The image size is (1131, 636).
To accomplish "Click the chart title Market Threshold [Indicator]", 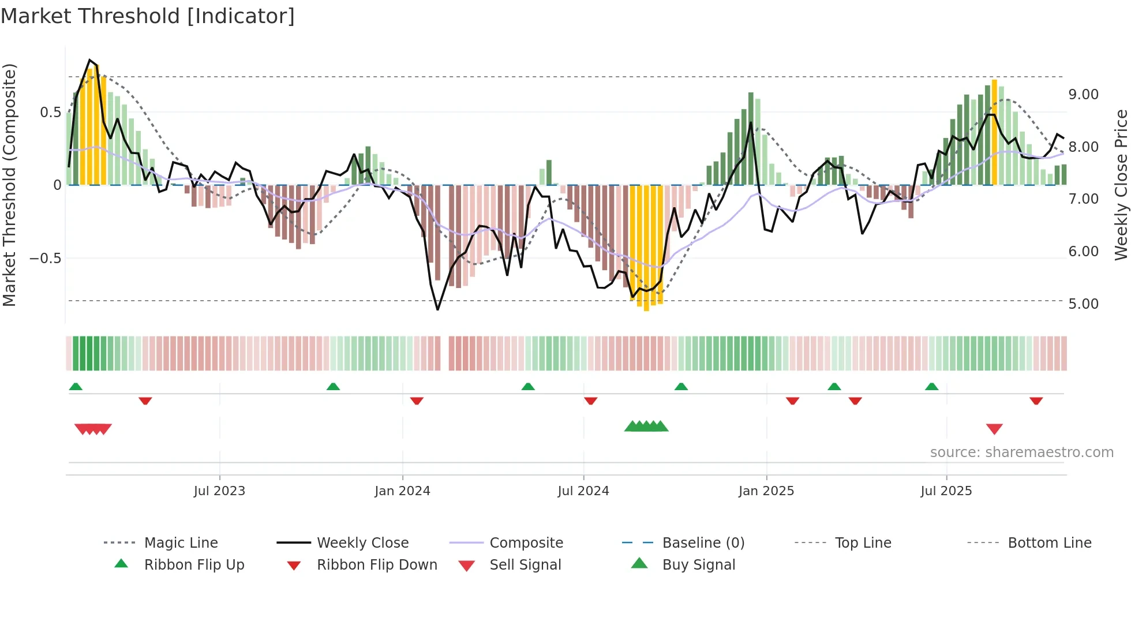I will pyautogui.click(x=148, y=16).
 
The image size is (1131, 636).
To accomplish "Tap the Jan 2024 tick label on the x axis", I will pyautogui.click(x=402, y=491).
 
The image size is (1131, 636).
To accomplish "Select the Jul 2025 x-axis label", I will pyautogui.click(x=946, y=491).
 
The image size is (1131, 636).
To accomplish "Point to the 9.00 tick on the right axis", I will pyautogui.click(x=1083, y=95).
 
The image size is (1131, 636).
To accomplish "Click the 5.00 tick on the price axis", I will pyautogui.click(x=1083, y=304).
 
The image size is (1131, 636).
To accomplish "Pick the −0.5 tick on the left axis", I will pyautogui.click(x=46, y=258).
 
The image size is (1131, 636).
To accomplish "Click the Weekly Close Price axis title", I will pyautogui.click(x=1121, y=185).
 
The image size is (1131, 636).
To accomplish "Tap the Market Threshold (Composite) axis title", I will pyautogui.click(x=9, y=185).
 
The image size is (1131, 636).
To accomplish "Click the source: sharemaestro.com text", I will pyautogui.click(x=1021, y=452).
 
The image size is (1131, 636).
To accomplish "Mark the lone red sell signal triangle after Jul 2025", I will pyautogui.click(x=994, y=429).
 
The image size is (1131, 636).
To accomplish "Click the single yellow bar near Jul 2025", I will pyautogui.click(x=994, y=133).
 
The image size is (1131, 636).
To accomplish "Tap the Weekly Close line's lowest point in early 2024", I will pyautogui.click(x=437, y=309).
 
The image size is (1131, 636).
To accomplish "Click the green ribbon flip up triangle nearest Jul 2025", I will pyautogui.click(x=931, y=387).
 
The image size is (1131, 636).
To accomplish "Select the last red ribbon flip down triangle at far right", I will pyautogui.click(x=1036, y=401).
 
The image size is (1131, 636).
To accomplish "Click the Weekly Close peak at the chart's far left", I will pyautogui.click(x=89, y=60).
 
